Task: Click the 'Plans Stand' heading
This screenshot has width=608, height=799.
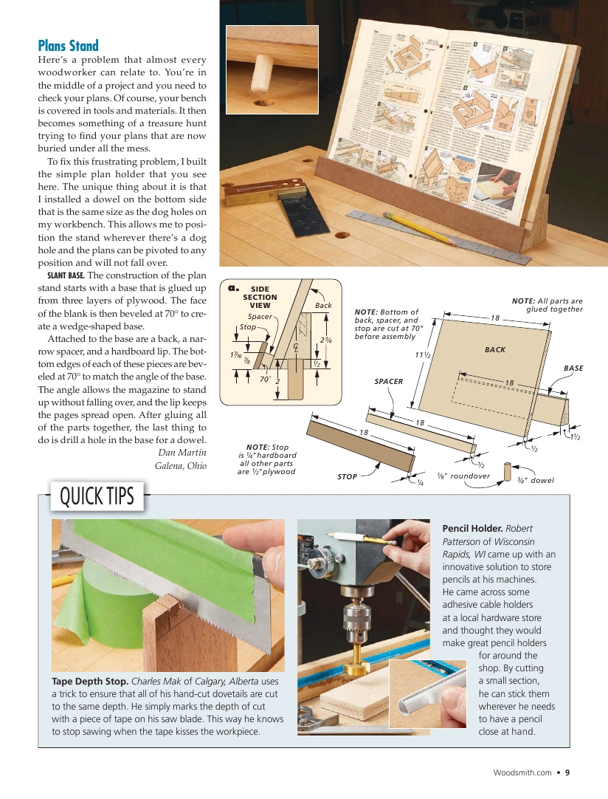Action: coord(68,45)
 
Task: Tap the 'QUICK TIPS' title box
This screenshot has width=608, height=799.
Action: coord(97,496)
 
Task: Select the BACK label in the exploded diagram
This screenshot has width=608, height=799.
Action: coord(495,349)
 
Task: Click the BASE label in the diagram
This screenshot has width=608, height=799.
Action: coord(573,368)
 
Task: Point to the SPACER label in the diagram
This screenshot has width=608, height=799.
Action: coord(388,381)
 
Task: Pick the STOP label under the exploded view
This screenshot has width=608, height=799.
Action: coord(348,477)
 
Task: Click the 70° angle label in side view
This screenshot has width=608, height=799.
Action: coord(266,380)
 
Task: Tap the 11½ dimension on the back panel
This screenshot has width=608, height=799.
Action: coord(422,355)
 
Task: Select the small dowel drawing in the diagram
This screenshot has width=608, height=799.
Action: coord(507,472)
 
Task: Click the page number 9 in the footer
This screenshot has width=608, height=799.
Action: coord(567,773)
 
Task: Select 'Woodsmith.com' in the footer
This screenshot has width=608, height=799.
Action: coord(522,773)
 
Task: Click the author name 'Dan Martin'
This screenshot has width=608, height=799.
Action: coord(182,452)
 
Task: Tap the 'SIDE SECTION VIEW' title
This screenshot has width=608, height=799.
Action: coord(260,297)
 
